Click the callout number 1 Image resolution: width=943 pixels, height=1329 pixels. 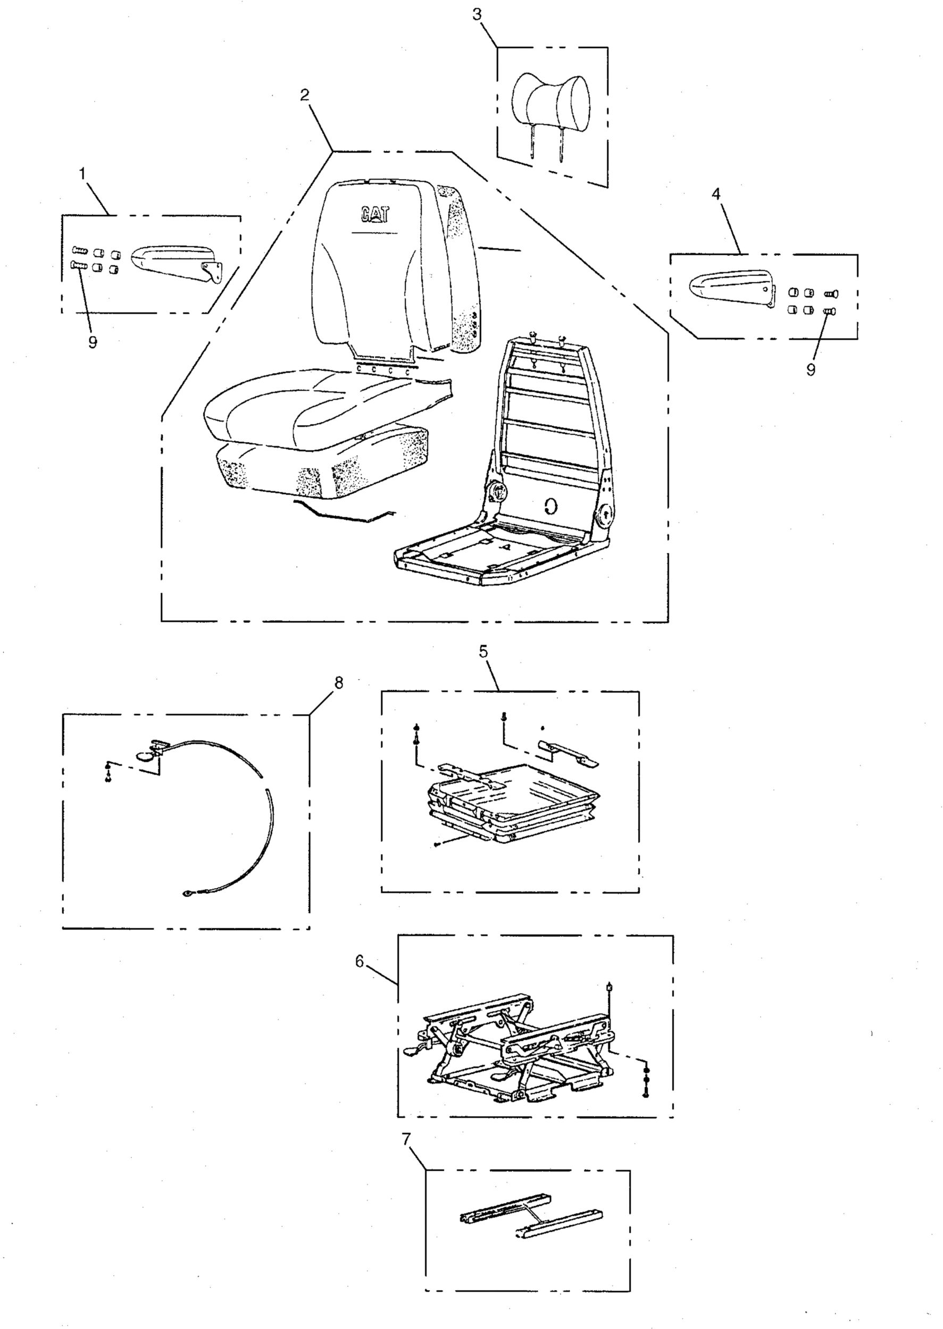pyautogui.click(x=82, y=173)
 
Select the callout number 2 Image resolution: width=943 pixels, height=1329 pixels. pyautogui.click(x=305, y=95)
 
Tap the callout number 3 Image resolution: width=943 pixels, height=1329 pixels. pyautogui.click(x=477, y=14)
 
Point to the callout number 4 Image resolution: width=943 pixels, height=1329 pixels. pyautogui.click(x=716, y=194)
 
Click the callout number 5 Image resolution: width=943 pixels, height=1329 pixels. pyautogui.click(x=483, y=651)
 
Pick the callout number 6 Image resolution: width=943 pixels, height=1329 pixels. pyautogui.click(x=360, y=962)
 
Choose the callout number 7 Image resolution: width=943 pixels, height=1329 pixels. pyautogui.click(x=406, y=1139)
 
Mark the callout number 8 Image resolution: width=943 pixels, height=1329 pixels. pyautogui.click(x=338, y=683)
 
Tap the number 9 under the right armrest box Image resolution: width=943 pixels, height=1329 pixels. pyautogui.click(x=811, y=369)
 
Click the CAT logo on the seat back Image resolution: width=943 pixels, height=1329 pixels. pyautogui.click(x=375, y=215)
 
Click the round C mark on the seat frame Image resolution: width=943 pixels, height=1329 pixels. pyautogui.click(x=552, y=506)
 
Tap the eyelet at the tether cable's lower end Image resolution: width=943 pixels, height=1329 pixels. pyautogui.click(x=188, y=895)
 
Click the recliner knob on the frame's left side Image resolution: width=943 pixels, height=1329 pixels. pyautogui.click(x=498, y=492)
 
